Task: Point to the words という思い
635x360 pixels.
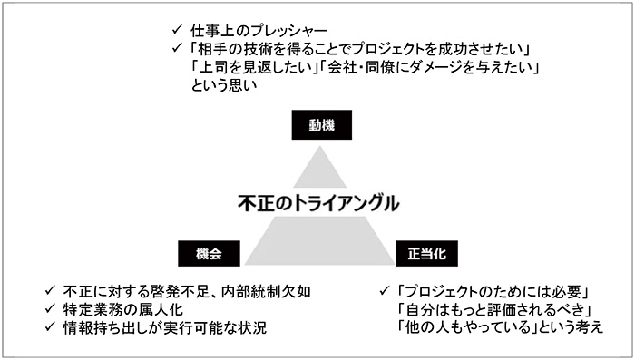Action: click(x=225, y=87)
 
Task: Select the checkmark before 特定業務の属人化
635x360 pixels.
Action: click(x=52, y=309)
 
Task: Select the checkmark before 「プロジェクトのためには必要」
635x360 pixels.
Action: click(x=385, y=291)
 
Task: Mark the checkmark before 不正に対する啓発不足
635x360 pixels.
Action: click(x=52, y=291)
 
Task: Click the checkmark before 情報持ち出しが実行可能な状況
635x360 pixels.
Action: click(x=52, y=327)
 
